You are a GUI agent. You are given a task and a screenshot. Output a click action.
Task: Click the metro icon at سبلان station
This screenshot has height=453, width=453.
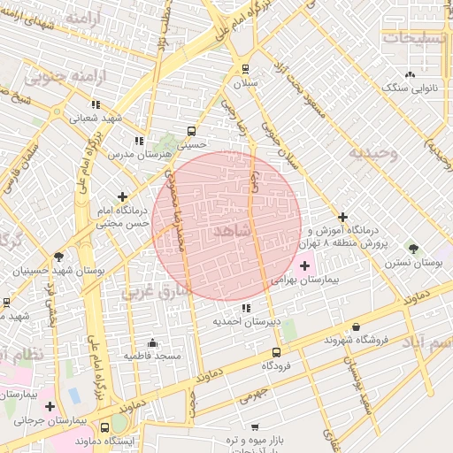(244, 68)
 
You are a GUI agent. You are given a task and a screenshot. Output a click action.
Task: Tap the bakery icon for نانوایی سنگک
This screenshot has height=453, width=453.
(409, 74)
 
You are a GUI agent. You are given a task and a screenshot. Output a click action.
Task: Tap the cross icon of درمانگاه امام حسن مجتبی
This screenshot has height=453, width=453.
(123, 196)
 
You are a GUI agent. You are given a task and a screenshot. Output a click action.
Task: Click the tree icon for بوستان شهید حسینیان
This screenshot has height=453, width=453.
(58, 257)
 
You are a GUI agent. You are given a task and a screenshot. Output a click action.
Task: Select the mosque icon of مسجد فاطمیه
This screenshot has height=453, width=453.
(152, 342)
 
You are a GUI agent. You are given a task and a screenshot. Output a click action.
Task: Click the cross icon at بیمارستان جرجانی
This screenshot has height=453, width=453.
(50, 407)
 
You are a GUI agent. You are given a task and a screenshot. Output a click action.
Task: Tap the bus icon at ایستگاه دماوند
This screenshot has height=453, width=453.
(105, 427)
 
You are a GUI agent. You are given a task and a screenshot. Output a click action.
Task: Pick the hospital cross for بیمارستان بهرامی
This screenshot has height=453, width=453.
(305, 265)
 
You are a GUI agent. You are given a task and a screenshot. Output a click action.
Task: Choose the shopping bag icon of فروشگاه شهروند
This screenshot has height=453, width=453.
(356, 326)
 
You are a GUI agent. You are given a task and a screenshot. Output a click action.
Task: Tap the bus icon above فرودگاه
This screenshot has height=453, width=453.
(277, 351)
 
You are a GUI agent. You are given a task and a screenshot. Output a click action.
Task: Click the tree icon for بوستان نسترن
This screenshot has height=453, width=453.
(413, 249)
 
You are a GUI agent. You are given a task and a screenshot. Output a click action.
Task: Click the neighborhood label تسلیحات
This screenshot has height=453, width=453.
(415, 37)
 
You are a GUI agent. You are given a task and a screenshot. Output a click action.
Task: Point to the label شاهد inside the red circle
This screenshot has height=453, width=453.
(233, 230)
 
